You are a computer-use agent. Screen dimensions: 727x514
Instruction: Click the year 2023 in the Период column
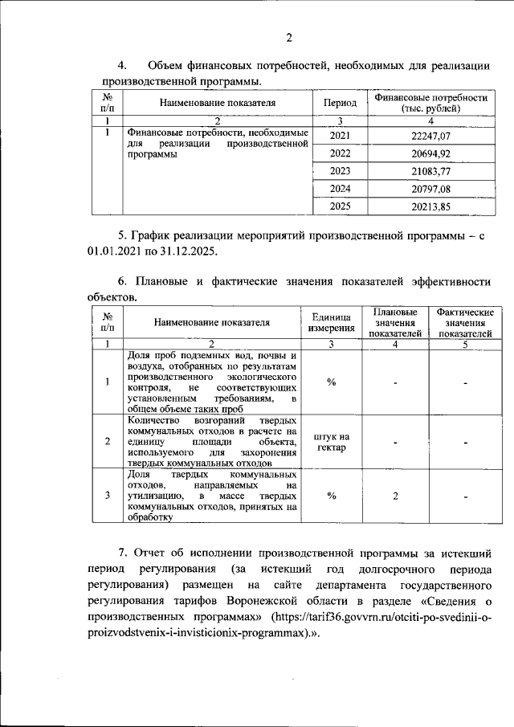click(x=340, y=171)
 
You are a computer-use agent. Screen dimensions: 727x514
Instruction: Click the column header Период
click(x=340, y=103)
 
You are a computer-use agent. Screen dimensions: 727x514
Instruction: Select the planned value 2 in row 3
click(x=395, y=496)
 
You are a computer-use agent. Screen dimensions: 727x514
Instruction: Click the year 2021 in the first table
click(x=340, y=136)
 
